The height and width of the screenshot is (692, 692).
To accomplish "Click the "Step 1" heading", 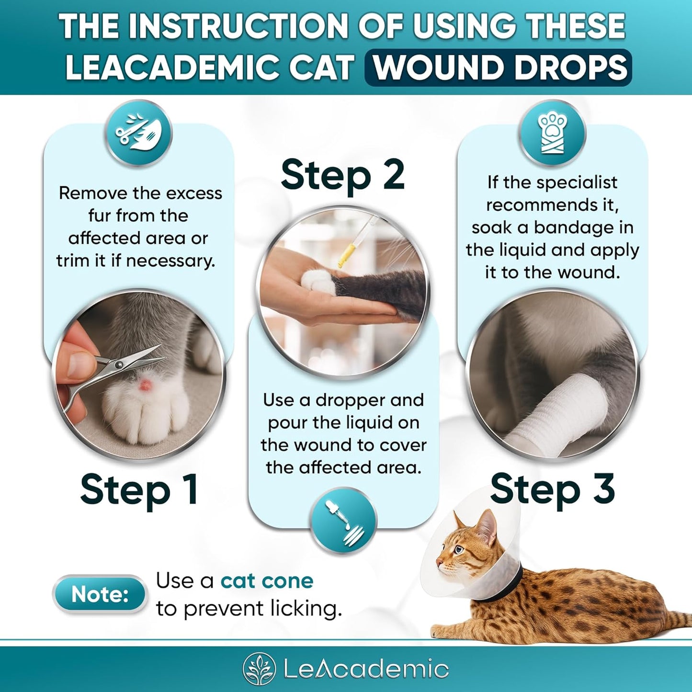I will tap(139, 489).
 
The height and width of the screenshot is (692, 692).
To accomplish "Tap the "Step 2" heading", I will tap(342, 175).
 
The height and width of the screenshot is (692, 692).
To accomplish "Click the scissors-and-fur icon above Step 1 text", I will tap(138, 133).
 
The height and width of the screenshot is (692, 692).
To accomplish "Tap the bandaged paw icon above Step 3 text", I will tap(552, 133).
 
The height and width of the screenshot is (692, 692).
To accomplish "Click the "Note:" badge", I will tap(99, 594).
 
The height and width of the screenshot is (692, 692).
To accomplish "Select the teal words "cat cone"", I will tap(267, 581).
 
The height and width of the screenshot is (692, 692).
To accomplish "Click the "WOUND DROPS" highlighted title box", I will tap(498, 68).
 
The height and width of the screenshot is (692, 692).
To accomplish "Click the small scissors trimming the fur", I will tap(120, 369).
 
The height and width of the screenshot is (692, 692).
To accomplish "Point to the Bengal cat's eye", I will tap(458, 550).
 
